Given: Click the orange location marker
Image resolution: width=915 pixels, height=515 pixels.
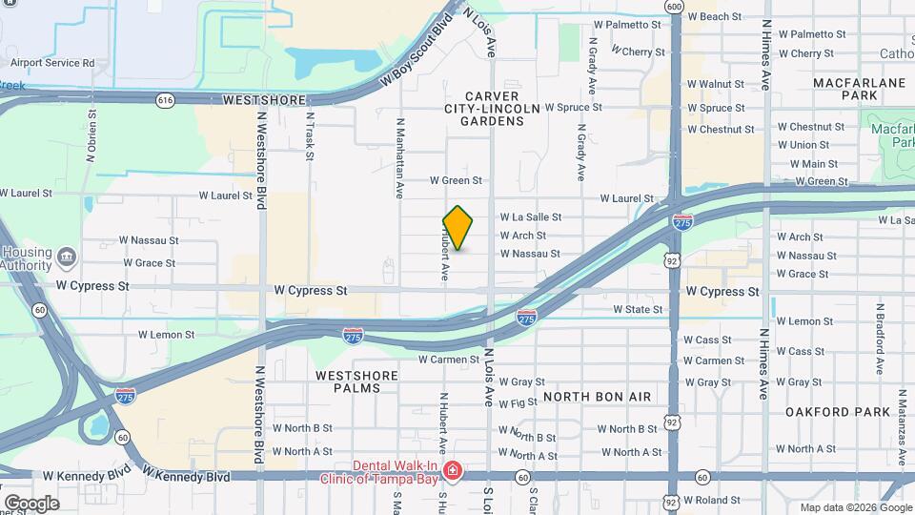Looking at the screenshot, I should tap(458, 228).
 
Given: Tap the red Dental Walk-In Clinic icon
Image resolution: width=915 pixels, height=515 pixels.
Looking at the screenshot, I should tap(453, 470).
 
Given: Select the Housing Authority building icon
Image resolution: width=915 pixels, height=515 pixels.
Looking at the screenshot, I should tap(67, 256).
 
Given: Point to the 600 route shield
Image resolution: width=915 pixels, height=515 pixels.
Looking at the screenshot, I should tap(675, 7).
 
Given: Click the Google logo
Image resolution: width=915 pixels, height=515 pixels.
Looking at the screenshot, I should tap(30, 503).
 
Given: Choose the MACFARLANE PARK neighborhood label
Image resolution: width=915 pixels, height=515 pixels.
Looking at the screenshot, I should tap(859, 90).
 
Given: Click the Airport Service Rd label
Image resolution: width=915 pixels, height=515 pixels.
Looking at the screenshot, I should tap(52, 63).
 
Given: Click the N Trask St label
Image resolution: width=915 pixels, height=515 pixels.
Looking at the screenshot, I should tap(310, 137).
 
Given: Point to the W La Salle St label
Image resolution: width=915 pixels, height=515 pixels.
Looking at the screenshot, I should tap(531, 217).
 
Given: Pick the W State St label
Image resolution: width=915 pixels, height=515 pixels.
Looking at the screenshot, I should tap(638, 309).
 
